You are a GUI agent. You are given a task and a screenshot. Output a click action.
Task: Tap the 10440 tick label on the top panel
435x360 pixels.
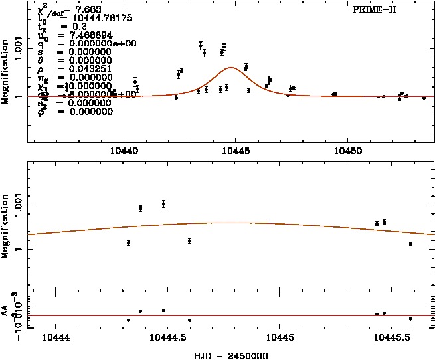(126, 151)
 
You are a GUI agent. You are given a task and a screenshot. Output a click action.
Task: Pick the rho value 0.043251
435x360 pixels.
(84, 68)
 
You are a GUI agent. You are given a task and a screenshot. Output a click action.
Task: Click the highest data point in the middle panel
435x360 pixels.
(163, 203)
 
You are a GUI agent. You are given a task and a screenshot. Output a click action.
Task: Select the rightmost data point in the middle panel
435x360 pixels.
(411, 244)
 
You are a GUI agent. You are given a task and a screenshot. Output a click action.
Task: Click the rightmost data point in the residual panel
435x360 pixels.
(411, 319)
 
